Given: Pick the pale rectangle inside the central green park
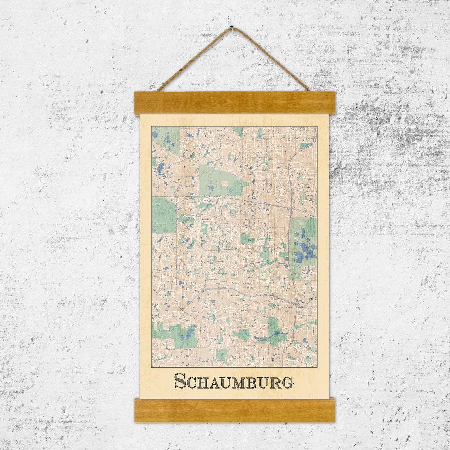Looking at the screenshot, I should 224,183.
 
